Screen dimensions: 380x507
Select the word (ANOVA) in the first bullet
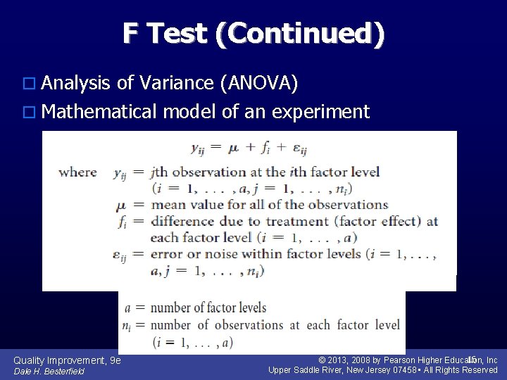click(260, 84)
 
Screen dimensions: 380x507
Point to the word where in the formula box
click(77, 172)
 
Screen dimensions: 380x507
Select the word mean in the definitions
click(166, 205)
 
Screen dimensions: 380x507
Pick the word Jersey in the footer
click(375, 370)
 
